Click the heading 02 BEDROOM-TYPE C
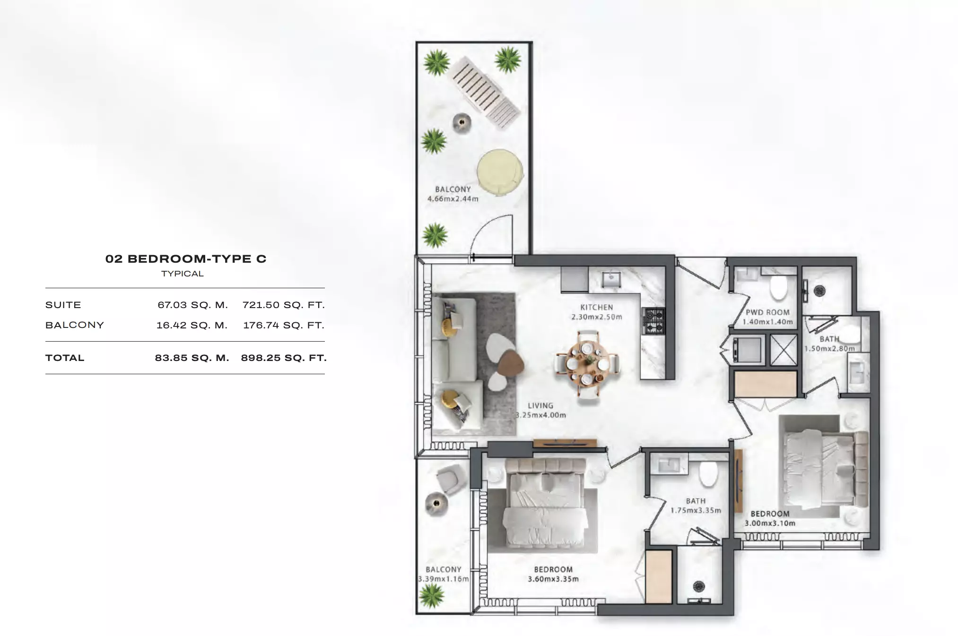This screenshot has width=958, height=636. pos(186,259)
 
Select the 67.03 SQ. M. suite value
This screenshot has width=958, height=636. pos(193,305)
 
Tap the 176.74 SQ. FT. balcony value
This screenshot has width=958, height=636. pos(284,326)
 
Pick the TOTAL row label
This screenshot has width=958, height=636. pos(65,358)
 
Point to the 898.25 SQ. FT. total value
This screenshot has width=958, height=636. pos(284,358)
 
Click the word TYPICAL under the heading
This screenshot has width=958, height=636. pos(183,274)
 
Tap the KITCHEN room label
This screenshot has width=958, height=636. pos(597,308)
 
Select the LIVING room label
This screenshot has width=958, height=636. pos(540,406)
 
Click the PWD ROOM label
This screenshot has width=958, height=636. pos(767,312)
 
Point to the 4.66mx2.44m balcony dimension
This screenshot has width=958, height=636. pos(453,199)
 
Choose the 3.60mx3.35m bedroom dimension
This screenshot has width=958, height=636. pos(553,579)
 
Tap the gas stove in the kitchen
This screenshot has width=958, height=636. pos(653,321)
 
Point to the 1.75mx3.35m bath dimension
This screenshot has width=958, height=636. pos(696,511)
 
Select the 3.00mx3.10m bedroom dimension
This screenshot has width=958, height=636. pos(770,524)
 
